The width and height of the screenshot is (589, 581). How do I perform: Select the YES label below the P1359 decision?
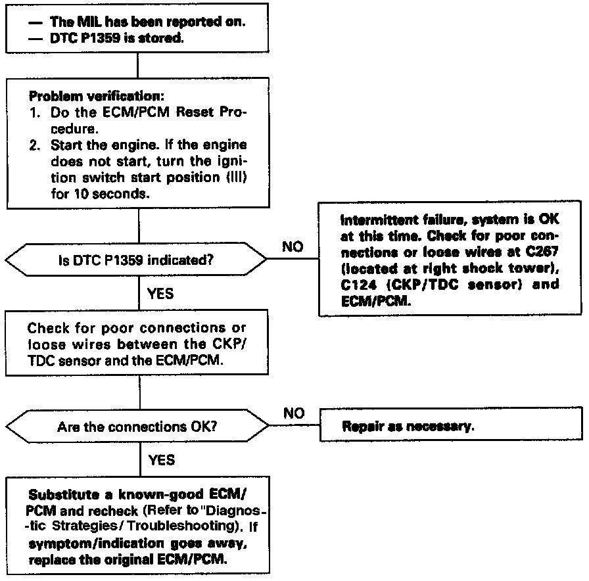[161, 293]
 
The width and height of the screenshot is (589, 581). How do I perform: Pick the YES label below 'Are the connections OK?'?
[161, 459]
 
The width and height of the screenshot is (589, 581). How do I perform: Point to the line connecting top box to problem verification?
[138, 66]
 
